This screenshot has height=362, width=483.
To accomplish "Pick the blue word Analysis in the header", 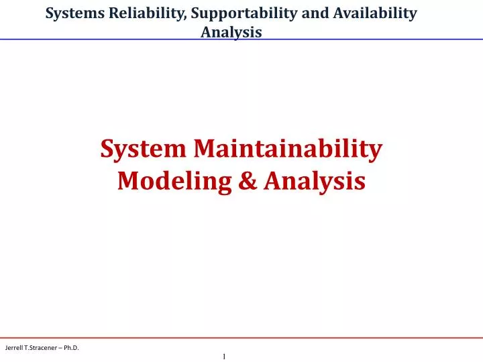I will (231, 32).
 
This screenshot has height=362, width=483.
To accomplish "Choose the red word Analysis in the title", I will (315, 180).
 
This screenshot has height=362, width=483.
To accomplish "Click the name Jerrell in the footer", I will (15, 347).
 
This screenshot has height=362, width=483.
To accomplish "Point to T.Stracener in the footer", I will (44, 347).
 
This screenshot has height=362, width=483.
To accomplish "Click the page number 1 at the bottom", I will (224, 356).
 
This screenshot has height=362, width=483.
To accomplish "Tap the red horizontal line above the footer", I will (241, 337).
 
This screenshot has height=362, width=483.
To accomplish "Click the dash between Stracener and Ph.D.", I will (66, 347).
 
